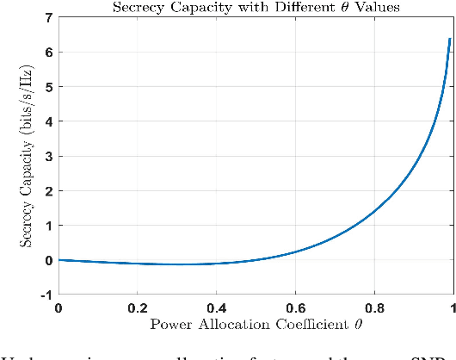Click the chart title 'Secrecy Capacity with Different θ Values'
coord(256,8)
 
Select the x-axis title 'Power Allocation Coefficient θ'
coord(256,325)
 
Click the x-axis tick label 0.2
coord(137,307)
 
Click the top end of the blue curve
coord(449,39)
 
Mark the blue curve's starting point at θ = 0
coord(59,259)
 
